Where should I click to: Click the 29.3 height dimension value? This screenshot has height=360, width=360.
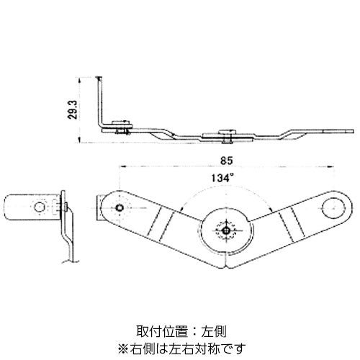click(x=72, y=109)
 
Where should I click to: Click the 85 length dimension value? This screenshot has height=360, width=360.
click(x=227, y=161)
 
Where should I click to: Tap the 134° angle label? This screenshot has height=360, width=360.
click(x=222, y=178)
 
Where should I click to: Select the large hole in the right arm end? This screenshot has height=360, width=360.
click(x=333, y=208)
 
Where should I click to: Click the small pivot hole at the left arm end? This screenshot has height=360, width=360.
click(x=120, y=207)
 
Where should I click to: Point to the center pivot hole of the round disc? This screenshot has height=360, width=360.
click(x=226, y=230)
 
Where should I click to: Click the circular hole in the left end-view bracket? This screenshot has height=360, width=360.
click(x=40, y=207)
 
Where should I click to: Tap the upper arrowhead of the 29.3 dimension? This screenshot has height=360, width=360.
click(x=80, y=80)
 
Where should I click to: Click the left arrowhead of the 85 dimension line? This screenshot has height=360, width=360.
click(x=122, y=166)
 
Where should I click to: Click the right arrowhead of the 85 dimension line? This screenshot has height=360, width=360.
click(x=331, y=166)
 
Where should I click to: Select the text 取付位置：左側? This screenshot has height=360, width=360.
click(x=181, y=331)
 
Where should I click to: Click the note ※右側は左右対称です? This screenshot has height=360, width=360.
click(x=181, y=348)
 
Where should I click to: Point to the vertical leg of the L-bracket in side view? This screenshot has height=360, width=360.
click(x=100, y=102)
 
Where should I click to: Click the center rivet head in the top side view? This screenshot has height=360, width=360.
click(x=227, y=132)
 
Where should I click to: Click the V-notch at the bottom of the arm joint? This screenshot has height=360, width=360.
click(x=226, y=266)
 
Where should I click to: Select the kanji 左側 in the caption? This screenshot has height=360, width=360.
click(x=214, y=331)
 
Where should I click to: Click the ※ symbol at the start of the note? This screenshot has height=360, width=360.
click(x=124, y=348)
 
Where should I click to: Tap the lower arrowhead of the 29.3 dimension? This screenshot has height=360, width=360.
click(x=80, y=140)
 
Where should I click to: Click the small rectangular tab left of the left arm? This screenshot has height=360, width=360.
click(x=99, y=207)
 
